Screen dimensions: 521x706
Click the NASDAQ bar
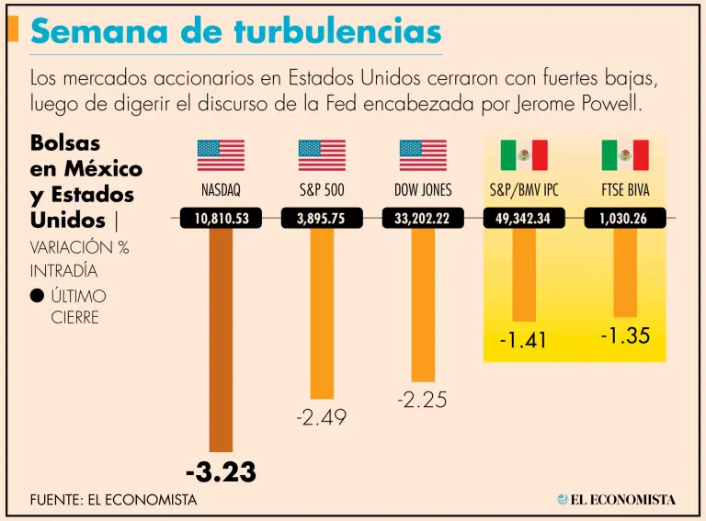(x=221, y=340)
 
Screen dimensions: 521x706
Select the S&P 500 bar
(x=322, y=312)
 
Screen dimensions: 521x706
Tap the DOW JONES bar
(x=423, y=304)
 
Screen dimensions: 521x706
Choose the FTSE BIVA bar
(x=625, y=272)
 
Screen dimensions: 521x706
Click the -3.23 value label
(x=221, y=472)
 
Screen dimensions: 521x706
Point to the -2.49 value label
(x=322, y=417)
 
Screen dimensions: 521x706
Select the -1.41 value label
(x=523, y=340)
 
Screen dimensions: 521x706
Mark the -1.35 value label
(x=625, y=335)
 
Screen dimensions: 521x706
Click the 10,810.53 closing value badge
(x=221, y=219)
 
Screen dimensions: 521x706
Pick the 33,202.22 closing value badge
(x=423, y=219)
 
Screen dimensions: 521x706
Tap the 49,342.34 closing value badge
(x=524, y=219)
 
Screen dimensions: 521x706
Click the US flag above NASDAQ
(x=221, y=155)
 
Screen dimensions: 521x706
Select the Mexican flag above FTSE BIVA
(x=625, y=155)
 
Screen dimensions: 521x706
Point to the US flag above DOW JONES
(x=423, y=155)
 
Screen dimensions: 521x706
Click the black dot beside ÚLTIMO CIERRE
(x=37, y=296)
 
